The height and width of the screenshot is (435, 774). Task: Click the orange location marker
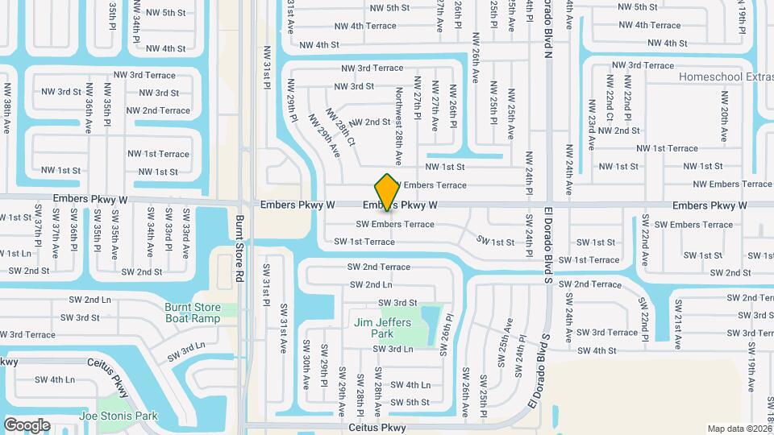coord(388,192)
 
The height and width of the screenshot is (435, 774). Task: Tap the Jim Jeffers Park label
coord(382,328)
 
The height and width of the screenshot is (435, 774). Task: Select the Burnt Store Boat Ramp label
coord(192,313)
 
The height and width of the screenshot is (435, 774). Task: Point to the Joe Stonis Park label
coord(119,416)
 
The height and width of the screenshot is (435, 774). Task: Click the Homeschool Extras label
coord(726,77)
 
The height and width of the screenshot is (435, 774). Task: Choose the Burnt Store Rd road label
coord(239,247)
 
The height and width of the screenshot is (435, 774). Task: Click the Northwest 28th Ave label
coord(398,126)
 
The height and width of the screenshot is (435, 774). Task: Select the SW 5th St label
coord(410,402)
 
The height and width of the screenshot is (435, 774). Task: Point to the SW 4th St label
coord(597,350)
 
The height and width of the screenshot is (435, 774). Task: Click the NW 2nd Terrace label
coord(158,110)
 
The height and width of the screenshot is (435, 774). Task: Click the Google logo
coord(27,425)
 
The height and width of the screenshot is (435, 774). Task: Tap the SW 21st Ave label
coord(677,324)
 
